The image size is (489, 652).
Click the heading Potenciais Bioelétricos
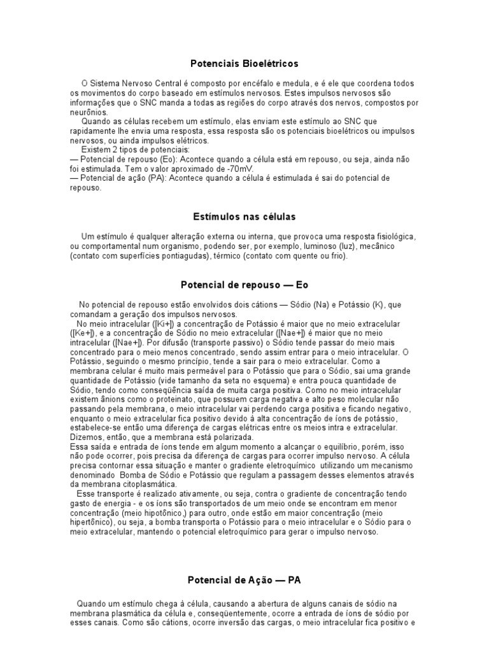[244, 64]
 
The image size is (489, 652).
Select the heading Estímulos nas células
[244, 217]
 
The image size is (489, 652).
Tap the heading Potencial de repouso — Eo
[244, 285]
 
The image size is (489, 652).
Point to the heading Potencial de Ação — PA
[244, 580]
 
